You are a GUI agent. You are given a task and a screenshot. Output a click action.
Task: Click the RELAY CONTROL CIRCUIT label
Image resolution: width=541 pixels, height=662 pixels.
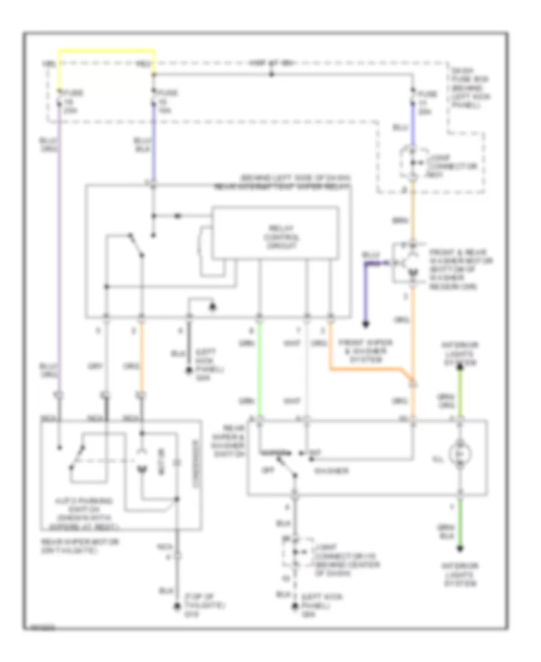pos(275,237)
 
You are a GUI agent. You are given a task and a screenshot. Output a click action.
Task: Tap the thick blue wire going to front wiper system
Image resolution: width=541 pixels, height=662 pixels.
pos(365,289)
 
